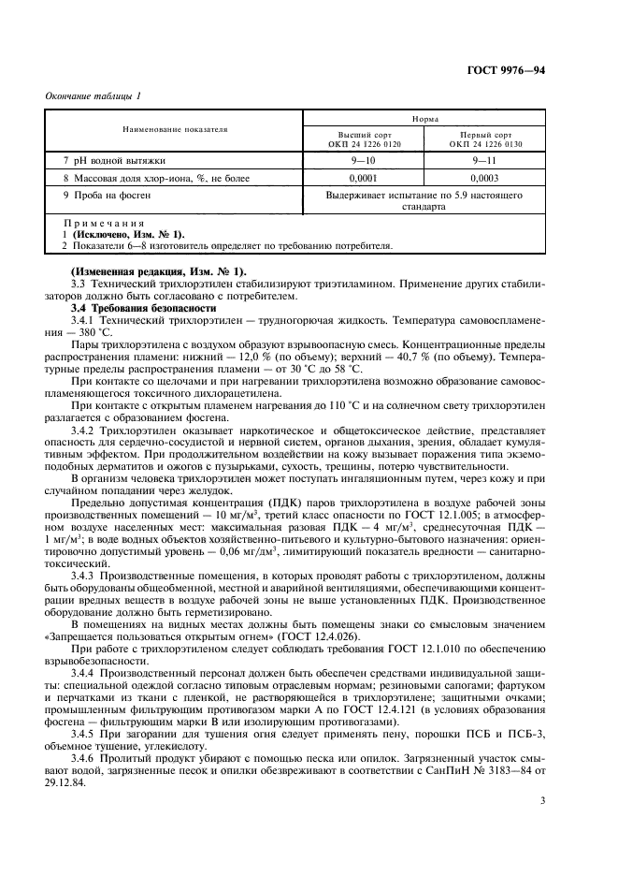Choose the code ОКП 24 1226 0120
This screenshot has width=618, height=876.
(x=362, y=145)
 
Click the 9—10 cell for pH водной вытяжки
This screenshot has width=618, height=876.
(x=362, y=160)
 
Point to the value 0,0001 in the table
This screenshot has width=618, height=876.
(x=362, y=177)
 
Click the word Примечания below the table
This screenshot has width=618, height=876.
(x=104, y=225)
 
